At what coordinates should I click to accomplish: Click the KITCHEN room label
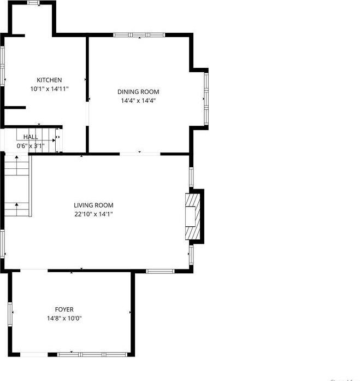(x=49, y=80)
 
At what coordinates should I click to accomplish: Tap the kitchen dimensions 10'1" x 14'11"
(x=49, y=89)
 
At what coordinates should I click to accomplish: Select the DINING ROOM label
(x=139, y=92)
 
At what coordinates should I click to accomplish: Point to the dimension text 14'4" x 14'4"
(x=139, y=101)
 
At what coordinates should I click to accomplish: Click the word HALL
(x=31, y=137)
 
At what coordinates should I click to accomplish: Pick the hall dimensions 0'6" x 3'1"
(x=31, y=145)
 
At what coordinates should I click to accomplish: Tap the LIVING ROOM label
(x=93, y=206)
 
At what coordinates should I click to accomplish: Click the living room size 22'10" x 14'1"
(x=93, y=214)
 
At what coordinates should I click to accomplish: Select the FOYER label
(x=64, y=309)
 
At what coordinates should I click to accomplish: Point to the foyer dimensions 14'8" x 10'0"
(x=64, y=318)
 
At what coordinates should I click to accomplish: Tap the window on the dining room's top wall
(x=139, y=35)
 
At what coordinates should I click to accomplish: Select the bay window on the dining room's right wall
(x=206, y=98)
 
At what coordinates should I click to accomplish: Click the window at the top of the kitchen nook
(x=34, y=3)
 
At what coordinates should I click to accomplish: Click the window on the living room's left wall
(x=3, y=244)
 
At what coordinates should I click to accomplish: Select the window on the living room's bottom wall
(x=160, y=271)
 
